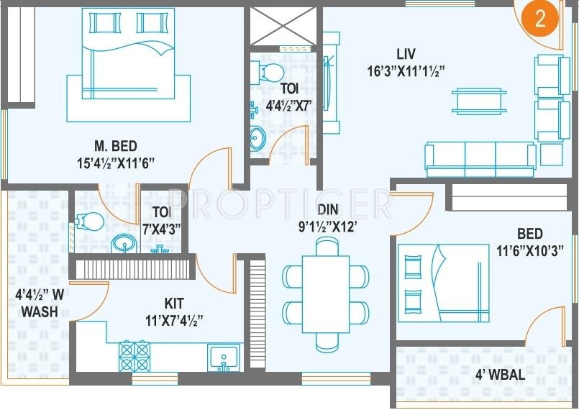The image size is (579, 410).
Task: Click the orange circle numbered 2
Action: (540, 19)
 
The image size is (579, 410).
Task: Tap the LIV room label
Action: (406, 54)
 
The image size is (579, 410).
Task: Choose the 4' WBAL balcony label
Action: (501, 375)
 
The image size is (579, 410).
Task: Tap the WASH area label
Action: (40, 312)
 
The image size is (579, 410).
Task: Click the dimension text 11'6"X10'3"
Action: (529, 251)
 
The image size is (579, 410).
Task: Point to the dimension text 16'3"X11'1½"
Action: (406, 70)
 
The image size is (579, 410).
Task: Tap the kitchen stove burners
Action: (135, 355)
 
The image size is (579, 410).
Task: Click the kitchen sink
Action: (224, 357)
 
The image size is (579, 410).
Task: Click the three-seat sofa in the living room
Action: (480, 154)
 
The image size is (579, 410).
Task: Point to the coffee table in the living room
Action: (478, 100)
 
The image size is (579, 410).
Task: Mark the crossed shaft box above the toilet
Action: (283, 26)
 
